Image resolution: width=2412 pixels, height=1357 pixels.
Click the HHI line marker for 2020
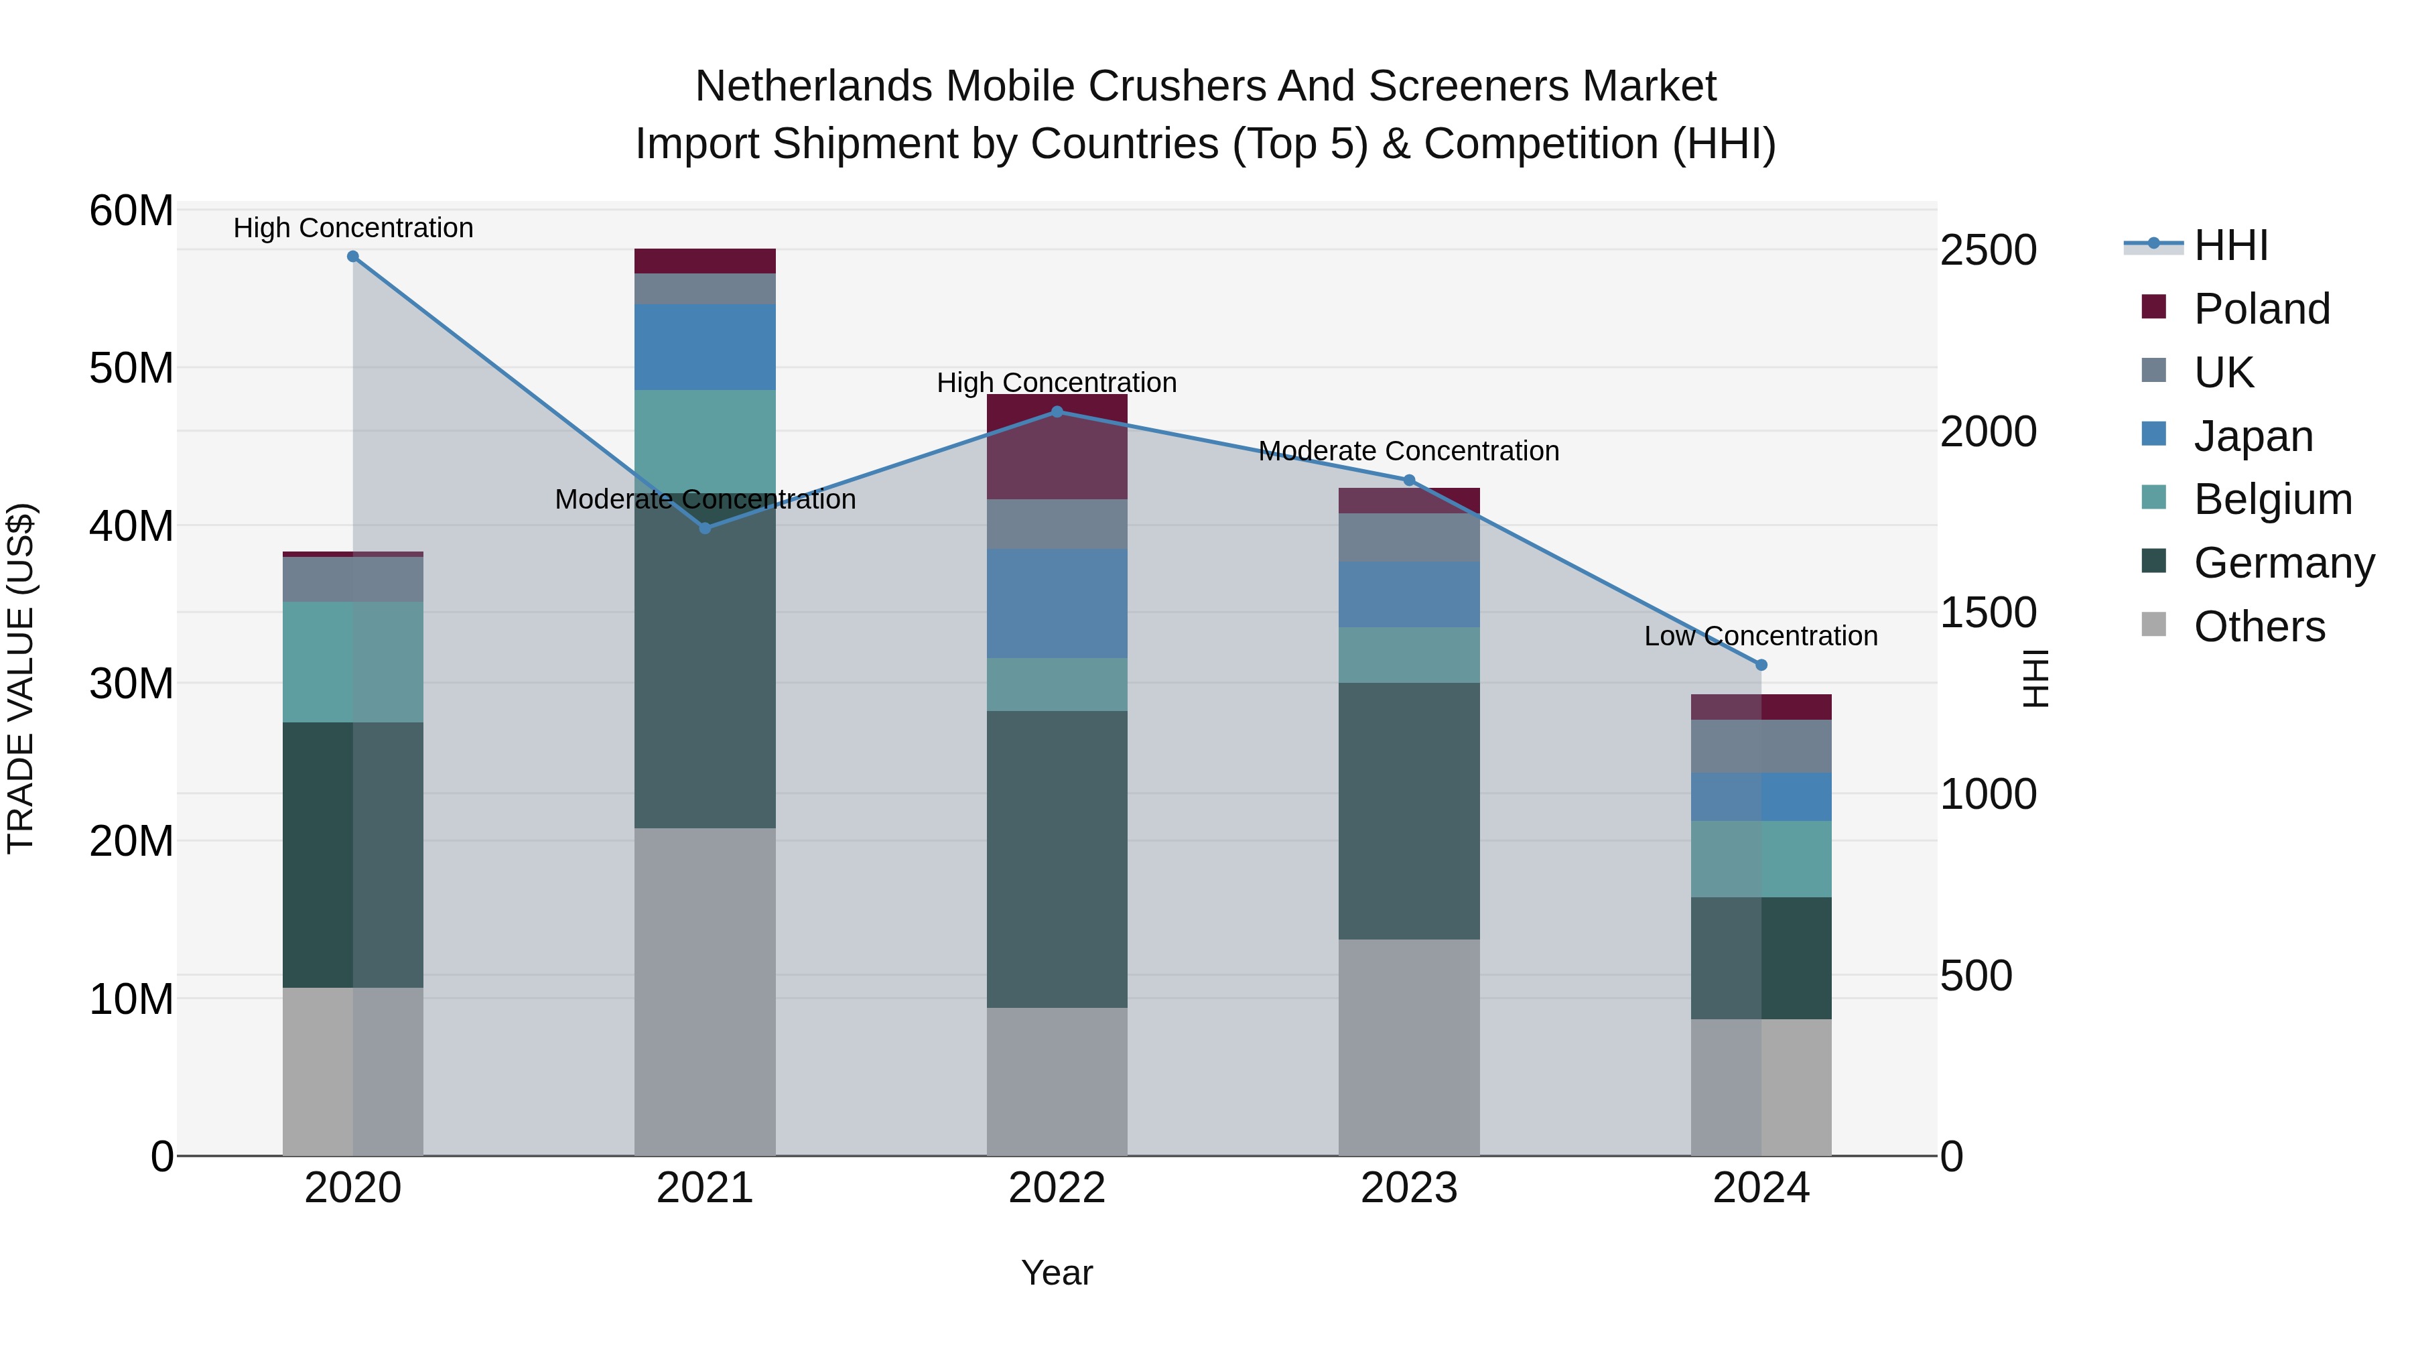point(353,257)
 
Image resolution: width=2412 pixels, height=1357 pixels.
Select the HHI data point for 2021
point(705,528)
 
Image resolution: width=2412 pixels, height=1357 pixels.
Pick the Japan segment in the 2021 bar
point(705,346)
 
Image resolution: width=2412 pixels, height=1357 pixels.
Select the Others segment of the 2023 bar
point(1408,1047)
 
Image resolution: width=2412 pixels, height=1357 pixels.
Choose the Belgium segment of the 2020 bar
point(353,661)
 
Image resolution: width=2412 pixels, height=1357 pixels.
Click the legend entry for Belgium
point(2273,499)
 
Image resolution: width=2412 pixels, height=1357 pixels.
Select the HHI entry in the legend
point(2230,245)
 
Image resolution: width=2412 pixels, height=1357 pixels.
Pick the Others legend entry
point(2259,627)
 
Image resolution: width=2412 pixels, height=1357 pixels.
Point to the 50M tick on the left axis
point(131,368)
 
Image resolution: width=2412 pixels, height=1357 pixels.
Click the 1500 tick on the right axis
point(1988,612)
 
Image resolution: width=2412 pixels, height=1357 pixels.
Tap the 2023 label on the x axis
point(1408,1188)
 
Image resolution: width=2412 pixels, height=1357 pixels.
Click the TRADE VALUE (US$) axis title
point(21,678)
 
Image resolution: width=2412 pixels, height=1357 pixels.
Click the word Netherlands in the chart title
point(813,86)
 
